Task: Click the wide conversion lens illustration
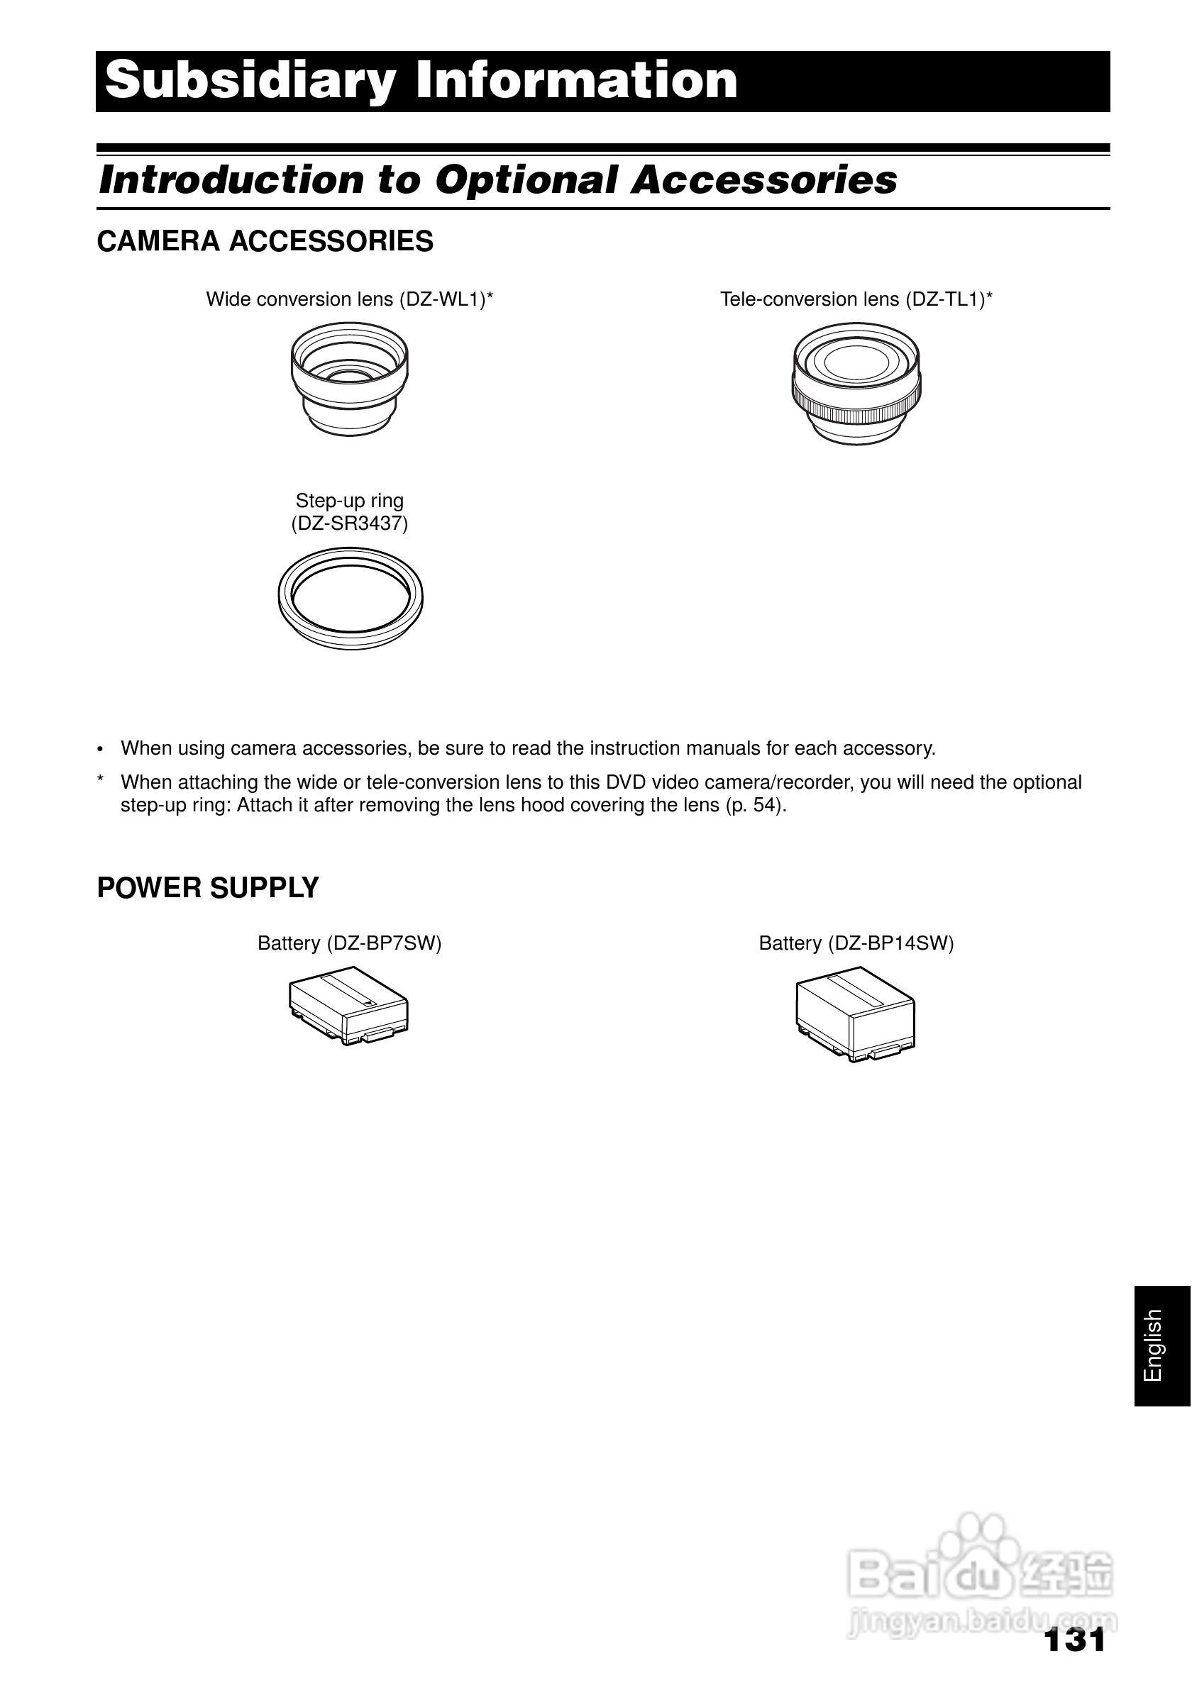(x=349, y=379)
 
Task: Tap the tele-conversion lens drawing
(x=856, y=383)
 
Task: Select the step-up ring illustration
(x=350, y=598)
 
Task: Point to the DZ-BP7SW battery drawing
(x=348, y=1004)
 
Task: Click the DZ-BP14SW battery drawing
(x=855, y=1013)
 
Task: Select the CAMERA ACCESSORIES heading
(x=265, y=241)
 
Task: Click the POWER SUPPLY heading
(x=208, y=887)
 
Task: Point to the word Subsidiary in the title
(x=250, y=81)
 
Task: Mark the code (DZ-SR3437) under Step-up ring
(x=349, y=523)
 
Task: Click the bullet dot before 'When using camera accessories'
(x=101, y=749)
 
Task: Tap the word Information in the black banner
(x=577, y=81)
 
